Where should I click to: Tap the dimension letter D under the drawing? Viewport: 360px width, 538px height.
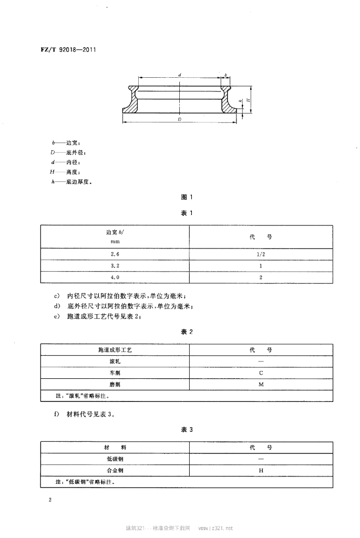180,120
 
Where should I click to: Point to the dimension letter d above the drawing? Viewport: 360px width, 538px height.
180,76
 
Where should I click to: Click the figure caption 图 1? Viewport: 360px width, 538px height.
187,198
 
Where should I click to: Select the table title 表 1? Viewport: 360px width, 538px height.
187,214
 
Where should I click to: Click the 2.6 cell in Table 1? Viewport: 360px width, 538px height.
115,254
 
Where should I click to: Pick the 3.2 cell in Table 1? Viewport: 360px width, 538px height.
115,265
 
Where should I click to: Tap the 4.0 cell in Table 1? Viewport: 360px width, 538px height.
115,277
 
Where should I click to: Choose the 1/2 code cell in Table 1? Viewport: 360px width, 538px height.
261,254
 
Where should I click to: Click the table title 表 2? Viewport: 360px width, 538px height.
187,332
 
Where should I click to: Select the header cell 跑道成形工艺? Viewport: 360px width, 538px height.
115,350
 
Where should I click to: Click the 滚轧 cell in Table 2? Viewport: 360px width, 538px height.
115,361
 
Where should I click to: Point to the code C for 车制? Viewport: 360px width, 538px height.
261,373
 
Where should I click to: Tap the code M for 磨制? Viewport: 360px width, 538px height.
261,385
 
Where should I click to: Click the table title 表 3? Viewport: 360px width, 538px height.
187,430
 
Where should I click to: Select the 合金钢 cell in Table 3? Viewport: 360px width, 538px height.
115,471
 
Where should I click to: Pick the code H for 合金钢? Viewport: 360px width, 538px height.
261,471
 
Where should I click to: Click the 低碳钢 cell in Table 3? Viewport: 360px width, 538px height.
115,459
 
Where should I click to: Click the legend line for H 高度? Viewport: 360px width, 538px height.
63,172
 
